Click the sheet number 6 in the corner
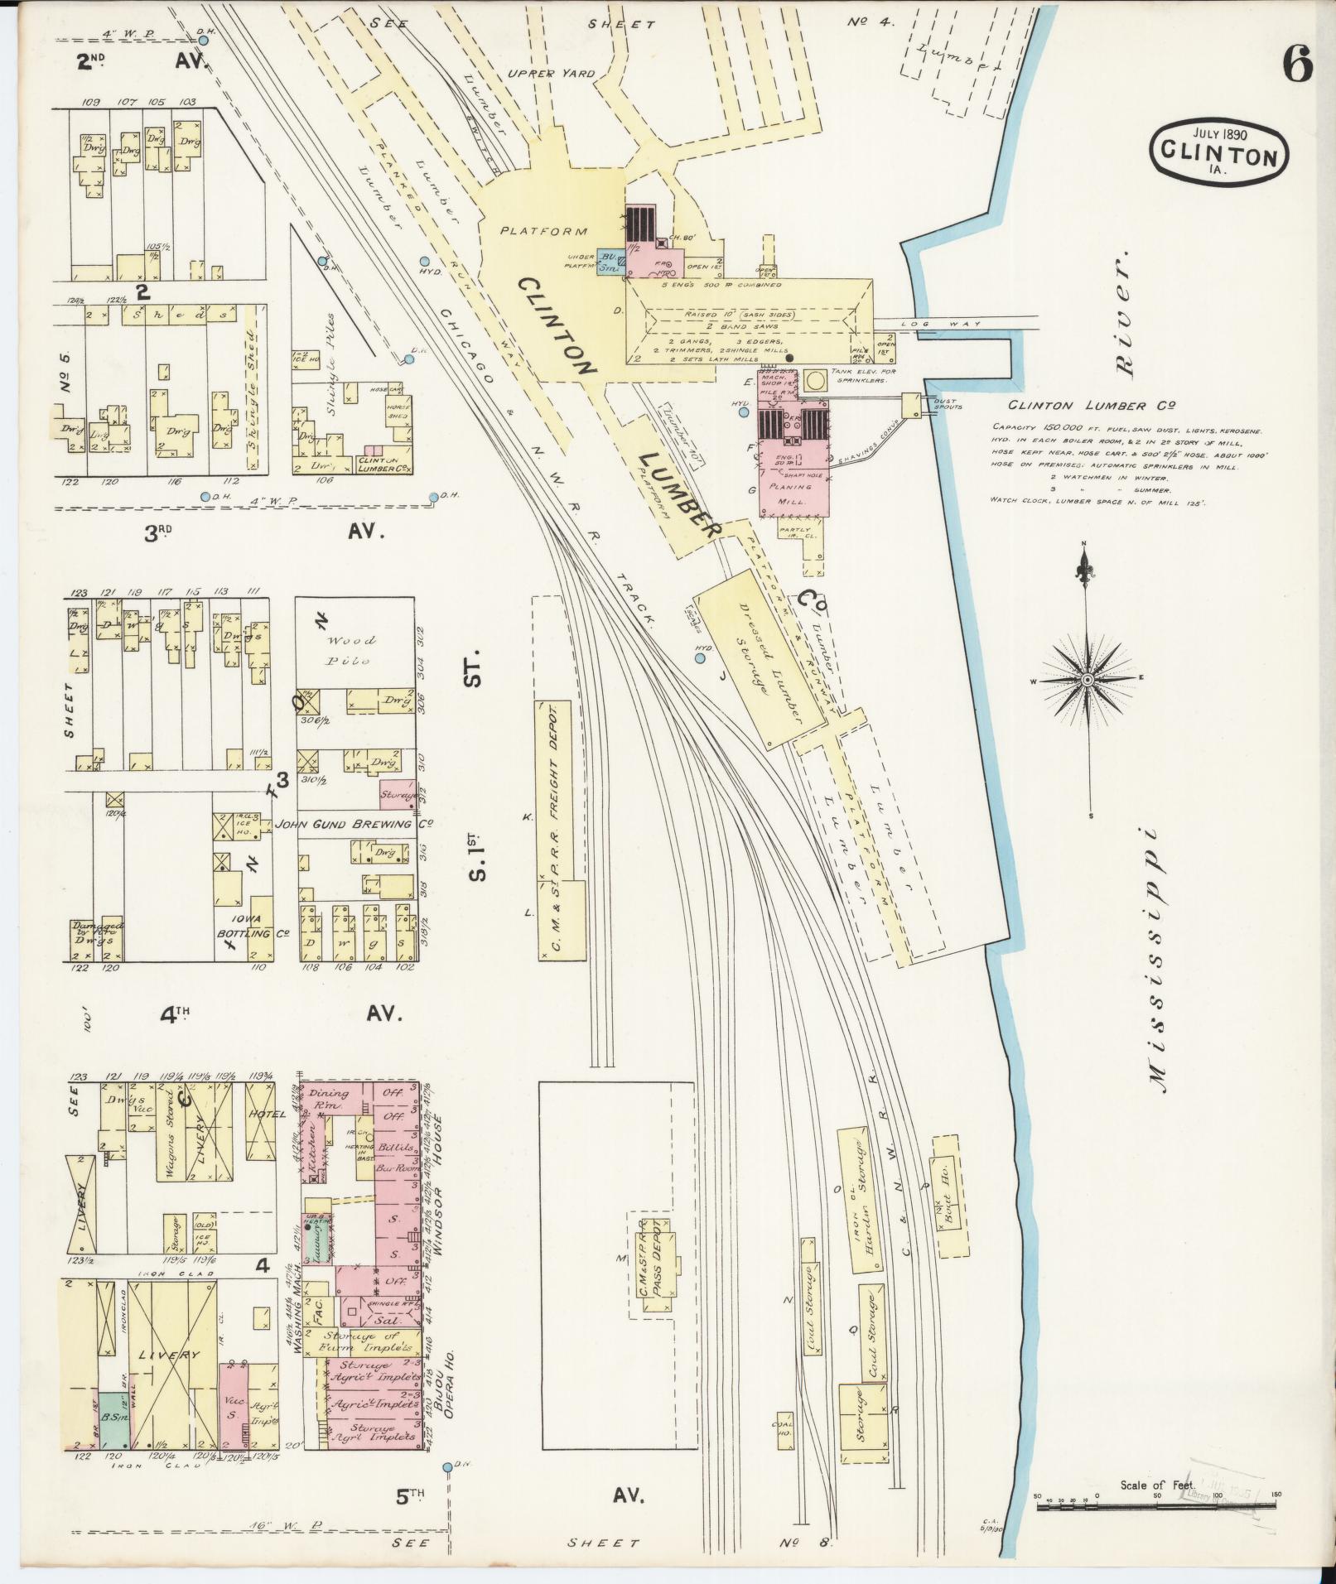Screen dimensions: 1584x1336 tap(1298, 64)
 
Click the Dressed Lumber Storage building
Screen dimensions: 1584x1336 tap(759, 658)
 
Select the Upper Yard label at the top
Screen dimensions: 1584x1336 tap(551, 73)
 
